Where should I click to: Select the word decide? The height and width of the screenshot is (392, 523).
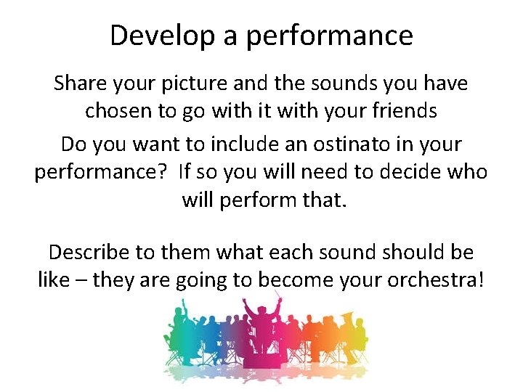419,172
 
